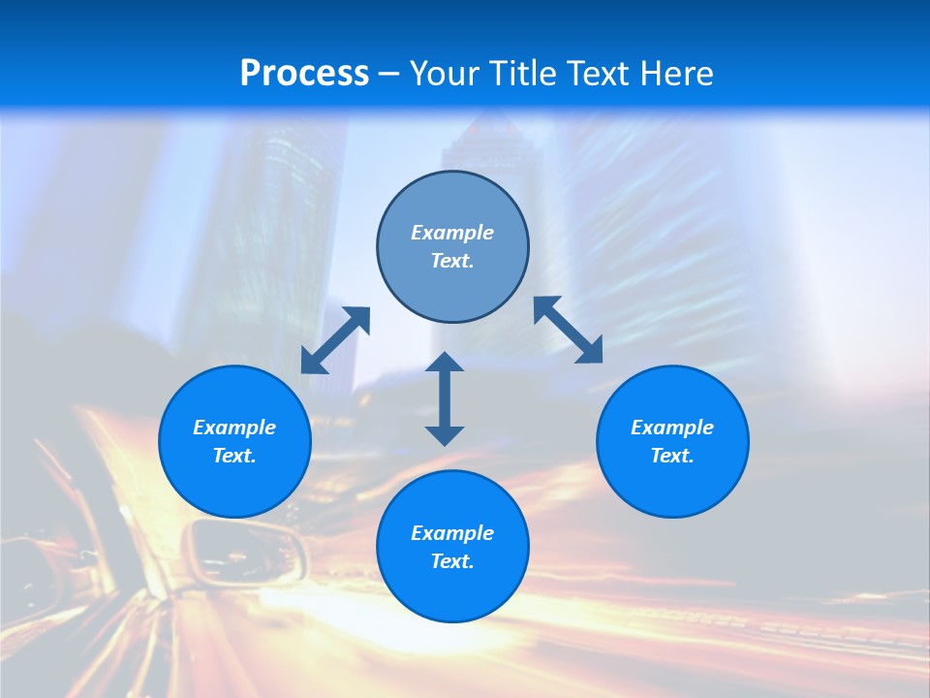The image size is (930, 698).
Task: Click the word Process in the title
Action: point(304,74)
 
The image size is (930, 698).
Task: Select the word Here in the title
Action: point(677,74)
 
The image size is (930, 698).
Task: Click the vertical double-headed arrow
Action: point(445,398)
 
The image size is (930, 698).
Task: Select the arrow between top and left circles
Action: point(335,340)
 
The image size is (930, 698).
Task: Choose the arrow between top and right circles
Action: point(569,330)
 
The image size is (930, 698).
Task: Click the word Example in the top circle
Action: point(452,233)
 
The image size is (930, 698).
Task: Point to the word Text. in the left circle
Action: point(234,456)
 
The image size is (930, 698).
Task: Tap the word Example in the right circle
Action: point(672,428)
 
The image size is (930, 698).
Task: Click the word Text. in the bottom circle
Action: point(452,561)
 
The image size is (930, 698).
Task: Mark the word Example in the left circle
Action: point(234,428)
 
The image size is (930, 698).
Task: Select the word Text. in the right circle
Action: point(672,456)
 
